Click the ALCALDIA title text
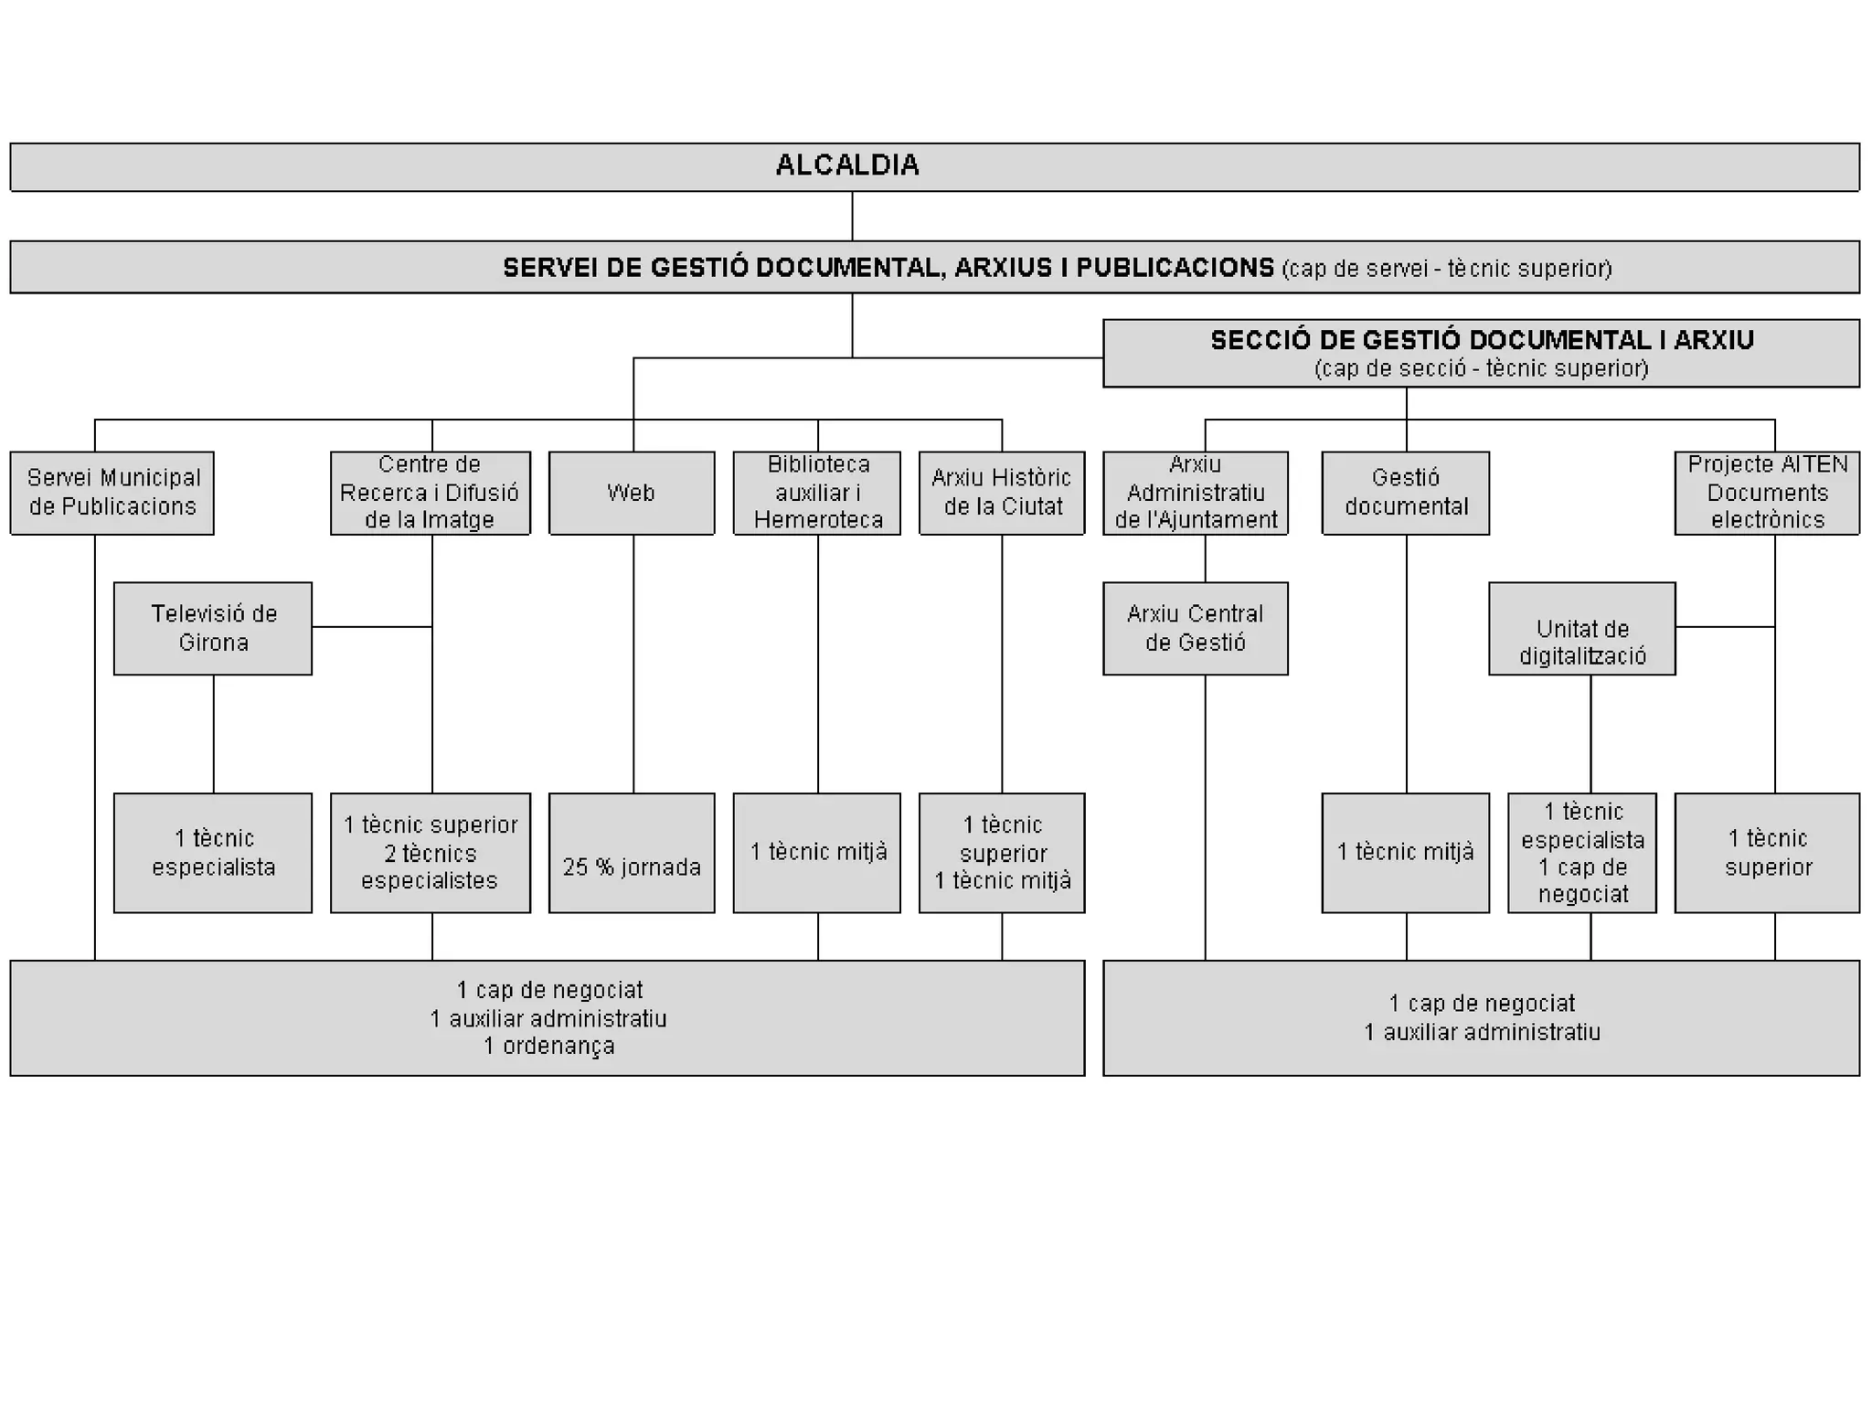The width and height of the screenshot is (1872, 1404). click(x=847, y=165)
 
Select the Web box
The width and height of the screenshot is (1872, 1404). click(x=632, y=493)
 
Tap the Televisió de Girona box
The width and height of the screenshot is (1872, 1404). click(x=213, y=628)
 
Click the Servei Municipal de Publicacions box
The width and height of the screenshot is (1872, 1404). click(x=112, y=493)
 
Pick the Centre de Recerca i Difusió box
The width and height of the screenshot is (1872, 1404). click(x=430, y=493)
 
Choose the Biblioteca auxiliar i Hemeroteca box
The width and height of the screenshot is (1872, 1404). click(x=817, y=493)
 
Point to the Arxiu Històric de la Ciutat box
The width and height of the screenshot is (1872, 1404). click(x=1002, y=493)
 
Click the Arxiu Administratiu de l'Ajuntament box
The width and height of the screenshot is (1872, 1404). click(x=1196, y=493)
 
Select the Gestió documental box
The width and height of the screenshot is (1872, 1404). click(x=1406, y=493)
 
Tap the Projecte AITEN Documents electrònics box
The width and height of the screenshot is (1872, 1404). click(x=1767, y=493)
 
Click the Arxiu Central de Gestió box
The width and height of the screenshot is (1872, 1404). click(x=1196, y=628)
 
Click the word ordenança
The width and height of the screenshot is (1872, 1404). click(x=558, y=1047)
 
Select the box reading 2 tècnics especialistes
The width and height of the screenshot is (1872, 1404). click(x=430, y=853)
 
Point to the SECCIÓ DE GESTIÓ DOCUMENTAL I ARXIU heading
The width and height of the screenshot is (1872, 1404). click(x=1482, y=341)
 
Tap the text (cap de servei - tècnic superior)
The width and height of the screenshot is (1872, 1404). click(x=1447, y=269)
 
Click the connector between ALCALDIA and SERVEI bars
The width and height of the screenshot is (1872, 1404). click(x=852, y=216)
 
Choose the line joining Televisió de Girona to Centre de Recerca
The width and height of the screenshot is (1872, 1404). click(x=371, y=627)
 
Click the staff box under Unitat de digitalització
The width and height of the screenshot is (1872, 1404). click(x=1582, y=853)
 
